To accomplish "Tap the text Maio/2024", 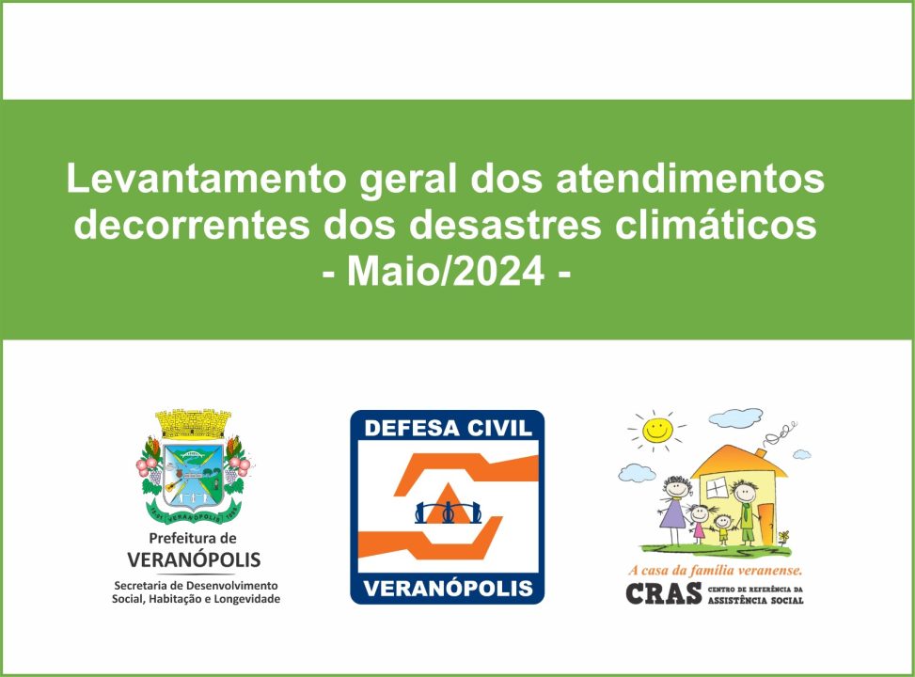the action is point(447,272).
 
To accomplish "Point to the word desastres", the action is point(505,225).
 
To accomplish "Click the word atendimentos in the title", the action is point(690,179).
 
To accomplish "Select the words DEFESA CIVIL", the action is point(449,429).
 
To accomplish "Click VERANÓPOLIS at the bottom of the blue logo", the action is point(449,588).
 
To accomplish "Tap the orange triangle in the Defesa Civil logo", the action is point(448,503).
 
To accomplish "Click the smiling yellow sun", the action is point(657,431).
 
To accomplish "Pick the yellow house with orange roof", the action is point(739,493).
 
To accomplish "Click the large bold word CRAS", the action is point(664,593).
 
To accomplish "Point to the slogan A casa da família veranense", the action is point(716,570).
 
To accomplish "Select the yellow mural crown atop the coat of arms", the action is point(193,424).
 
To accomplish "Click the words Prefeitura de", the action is point(193,538).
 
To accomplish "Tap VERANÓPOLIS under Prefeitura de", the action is point(194,559).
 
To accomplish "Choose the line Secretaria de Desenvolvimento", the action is point(196,586).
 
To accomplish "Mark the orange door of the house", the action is point(766,523).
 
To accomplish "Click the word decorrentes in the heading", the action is point(192,225).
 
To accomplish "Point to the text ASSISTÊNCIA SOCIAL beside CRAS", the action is point(756,600).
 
